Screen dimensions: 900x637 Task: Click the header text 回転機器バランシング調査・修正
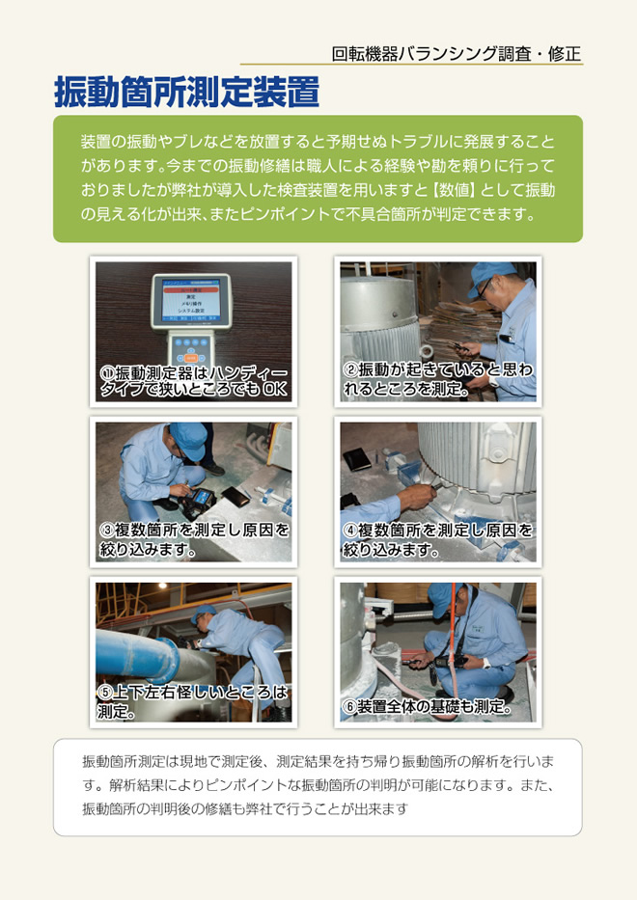tap(457, 54)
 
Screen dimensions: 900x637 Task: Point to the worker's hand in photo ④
tap(415, 494)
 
